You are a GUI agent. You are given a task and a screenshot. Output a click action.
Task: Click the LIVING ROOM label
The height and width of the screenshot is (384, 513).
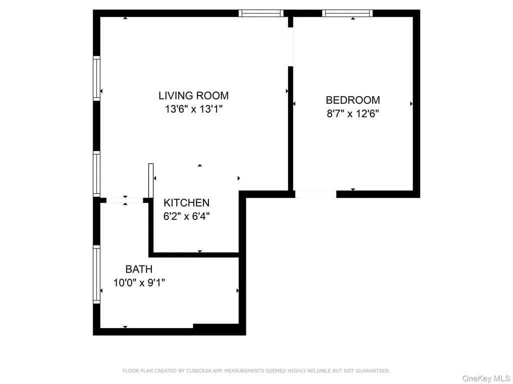(x=193, y=95)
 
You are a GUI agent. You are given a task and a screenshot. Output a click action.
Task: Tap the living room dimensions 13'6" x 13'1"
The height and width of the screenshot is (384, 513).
(x=194, y=108)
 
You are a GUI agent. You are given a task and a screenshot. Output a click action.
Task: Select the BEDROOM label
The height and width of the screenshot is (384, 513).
(x=353, y=100)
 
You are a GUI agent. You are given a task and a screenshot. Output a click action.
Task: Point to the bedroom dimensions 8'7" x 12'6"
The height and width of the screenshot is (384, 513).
(x=353, y=113)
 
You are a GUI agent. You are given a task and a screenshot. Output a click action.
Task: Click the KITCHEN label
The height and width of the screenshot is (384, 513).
(x=186, y=203)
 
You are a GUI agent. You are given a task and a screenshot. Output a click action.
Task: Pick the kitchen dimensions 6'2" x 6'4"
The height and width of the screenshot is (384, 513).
(x=186, y=216)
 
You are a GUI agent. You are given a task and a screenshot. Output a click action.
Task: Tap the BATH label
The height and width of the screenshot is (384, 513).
(x=139, y=269)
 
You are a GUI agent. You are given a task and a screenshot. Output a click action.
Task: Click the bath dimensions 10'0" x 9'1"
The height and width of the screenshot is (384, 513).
(x=139, y=282)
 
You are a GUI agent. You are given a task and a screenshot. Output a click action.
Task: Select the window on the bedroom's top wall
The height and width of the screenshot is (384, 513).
(x=348, y=13)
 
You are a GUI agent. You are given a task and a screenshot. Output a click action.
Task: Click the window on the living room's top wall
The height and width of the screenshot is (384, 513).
(x=261, y=13)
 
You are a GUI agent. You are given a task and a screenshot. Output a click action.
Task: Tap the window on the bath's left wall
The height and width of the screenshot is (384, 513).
(x=97, y=274)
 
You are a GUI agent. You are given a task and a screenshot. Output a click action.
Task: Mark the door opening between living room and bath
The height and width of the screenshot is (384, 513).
(x=125, y=200)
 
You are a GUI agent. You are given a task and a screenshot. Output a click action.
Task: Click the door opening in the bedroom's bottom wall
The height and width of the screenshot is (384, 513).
(x=316, y=194)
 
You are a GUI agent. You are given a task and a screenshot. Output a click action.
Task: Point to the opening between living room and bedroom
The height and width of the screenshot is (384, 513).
(x=291, y=47)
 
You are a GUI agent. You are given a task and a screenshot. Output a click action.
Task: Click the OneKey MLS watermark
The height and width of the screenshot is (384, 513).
(x=486, y=378)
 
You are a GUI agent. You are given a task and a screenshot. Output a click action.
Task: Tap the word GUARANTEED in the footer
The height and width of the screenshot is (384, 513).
(x=373, y=371)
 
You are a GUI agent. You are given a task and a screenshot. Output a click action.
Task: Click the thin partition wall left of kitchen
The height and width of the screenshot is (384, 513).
(x=151, y=180)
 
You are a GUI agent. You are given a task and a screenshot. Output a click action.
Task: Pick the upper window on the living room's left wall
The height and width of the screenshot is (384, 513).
(x=97, y=78)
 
